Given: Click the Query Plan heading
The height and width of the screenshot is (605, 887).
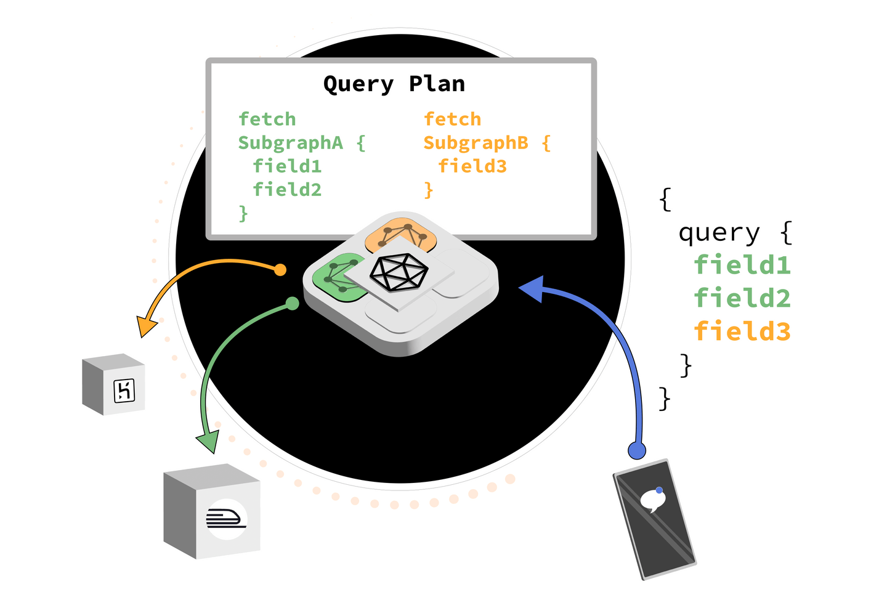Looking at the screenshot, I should (x=394, y=84).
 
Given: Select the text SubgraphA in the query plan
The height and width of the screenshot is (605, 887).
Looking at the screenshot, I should (x=290, y=143).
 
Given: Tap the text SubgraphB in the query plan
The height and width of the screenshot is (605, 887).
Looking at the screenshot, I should (x=475, y=143).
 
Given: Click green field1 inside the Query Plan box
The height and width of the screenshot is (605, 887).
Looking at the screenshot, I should (x=287, y=166).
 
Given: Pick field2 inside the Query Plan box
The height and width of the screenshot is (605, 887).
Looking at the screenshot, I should (x=287, y=190).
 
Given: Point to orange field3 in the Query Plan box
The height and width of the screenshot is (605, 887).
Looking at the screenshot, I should (x=472, y=166).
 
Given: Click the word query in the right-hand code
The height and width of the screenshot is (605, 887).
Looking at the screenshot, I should (x=719, y=233).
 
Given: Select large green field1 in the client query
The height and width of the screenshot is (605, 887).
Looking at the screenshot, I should (x=742, y=266).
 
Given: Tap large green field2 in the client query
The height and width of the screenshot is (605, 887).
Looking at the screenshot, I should (x=742, y=299).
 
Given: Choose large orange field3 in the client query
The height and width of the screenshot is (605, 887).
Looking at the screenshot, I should (x=742, y=331).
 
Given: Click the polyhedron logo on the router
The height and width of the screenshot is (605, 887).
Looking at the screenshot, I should (x=399, y=272).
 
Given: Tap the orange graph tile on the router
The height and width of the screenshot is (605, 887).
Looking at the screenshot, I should (x=400, y=234).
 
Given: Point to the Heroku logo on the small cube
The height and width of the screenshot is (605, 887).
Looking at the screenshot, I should (x=124, y=391).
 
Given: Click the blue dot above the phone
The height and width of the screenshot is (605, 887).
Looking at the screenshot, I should (x=637, y=450).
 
